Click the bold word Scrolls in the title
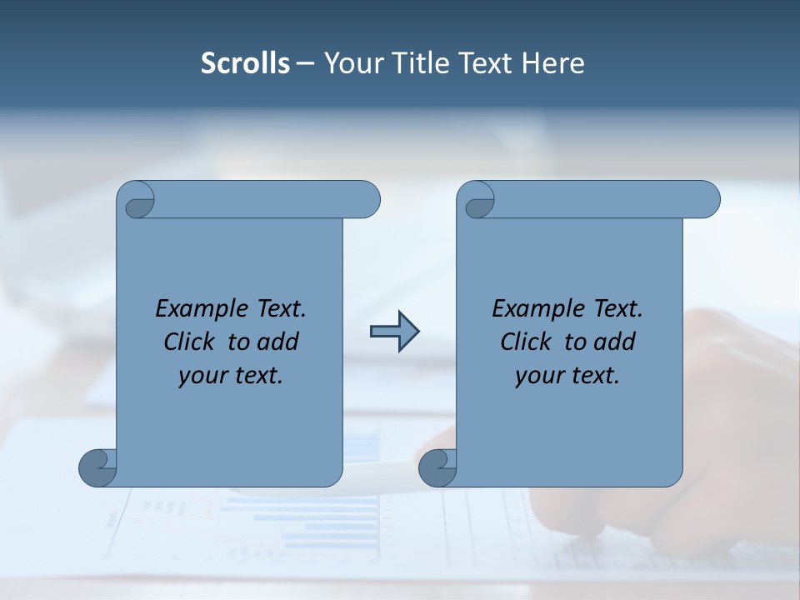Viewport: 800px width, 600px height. coord(246,63)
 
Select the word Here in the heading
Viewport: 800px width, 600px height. coord(553,63)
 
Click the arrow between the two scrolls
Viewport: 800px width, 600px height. coord(394,332)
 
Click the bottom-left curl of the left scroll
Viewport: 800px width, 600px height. coord(98,467)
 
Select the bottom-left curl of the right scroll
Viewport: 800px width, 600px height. coord(437,467)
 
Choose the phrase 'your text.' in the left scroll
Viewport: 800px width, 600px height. coord(231,375)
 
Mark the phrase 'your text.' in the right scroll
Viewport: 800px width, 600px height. coord(567,375)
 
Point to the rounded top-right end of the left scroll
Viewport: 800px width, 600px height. coord(367,200)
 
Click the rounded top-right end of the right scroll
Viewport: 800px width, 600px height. coord(707,200)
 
